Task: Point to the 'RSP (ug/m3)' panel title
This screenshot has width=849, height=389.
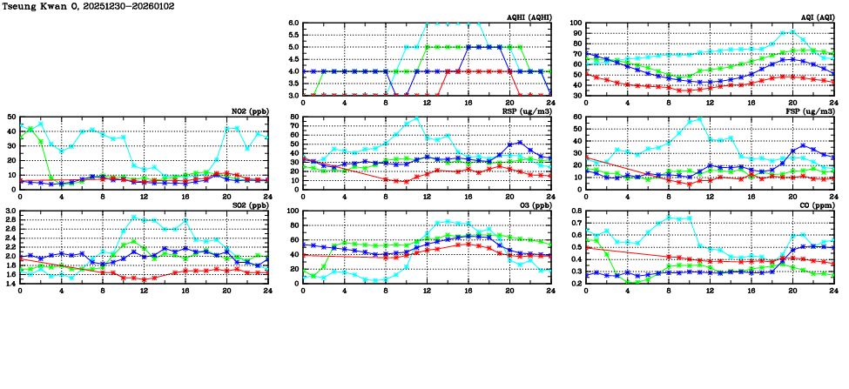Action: click(526, 111)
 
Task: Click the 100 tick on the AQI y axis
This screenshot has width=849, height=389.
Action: click(576, 23)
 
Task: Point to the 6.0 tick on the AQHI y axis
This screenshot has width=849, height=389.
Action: click(293, 23)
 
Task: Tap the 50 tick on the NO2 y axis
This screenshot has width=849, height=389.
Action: click(10, 117)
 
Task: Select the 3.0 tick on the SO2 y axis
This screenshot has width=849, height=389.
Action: click(10, 211)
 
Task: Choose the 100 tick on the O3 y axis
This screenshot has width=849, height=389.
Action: click(293, 211)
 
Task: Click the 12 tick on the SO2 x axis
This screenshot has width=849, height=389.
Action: click(144, 290)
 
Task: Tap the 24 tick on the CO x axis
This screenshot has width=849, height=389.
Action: click(833, 290)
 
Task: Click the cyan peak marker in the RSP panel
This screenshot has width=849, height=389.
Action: click(416, 118)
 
